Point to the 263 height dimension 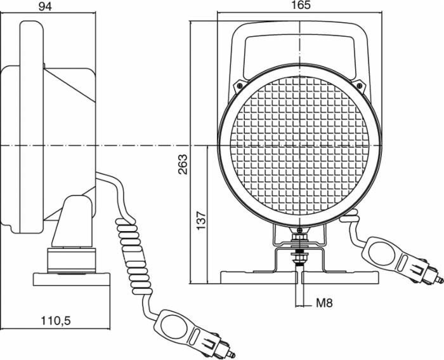(x=182, y=164)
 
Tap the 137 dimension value (x=202, y=220)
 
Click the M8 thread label (x=324, y=303)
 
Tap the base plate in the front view (x=299, y=277)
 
